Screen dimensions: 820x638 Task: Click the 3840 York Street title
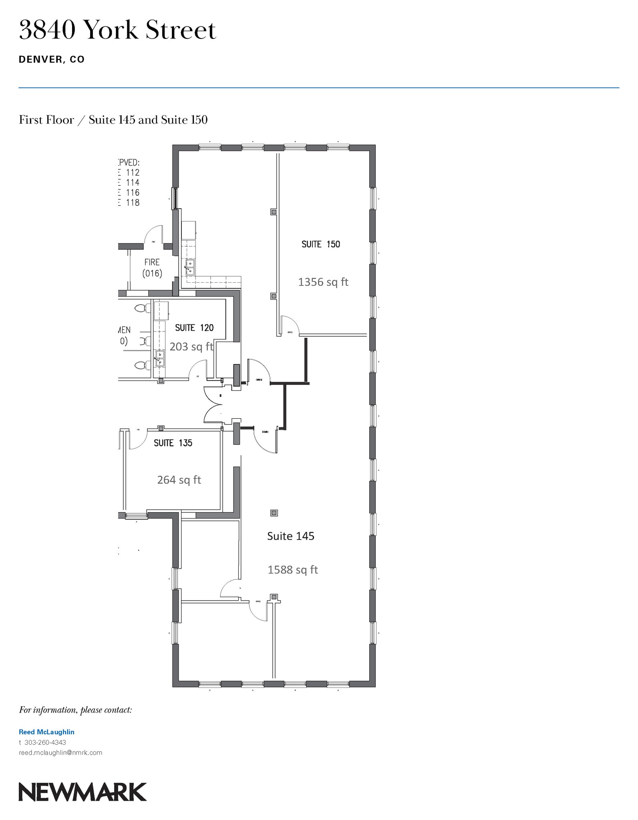pos(117,30)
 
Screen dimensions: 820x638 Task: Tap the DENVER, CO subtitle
pos(52,60)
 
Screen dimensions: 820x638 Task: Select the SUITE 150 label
pos(320,244)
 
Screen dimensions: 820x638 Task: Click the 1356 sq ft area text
pos(323,282)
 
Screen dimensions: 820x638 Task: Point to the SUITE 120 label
pos(194,328)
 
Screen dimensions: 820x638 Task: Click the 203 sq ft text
pos(191,347)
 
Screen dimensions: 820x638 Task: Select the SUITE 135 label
pos(173,443)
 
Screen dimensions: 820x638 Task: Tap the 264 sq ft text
pos(179,480)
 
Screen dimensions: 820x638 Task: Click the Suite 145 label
pos(290,536)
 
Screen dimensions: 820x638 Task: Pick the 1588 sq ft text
pos(292,570)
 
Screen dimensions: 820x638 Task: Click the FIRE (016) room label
pos(152,268)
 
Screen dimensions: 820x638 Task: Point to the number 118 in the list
pos(133,203)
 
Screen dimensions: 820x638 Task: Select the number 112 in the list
pos(133,173)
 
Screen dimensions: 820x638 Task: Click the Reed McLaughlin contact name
pos(46,732)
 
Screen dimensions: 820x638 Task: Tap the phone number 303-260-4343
pos(45,742)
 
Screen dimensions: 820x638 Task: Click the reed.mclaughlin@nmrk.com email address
pos(60,753)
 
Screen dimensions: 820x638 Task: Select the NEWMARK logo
pos(83,792)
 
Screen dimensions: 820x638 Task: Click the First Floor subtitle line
pos(113,120)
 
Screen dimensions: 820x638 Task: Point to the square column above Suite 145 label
pos(274,513)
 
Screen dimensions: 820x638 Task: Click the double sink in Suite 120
pos(160,359)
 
